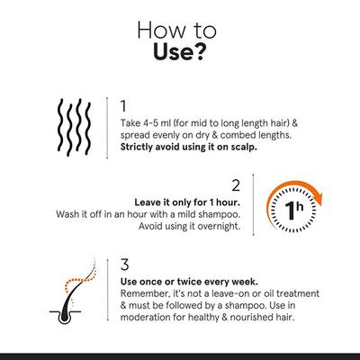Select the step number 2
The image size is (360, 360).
(236, 185)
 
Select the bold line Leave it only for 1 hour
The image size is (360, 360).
(186, 202)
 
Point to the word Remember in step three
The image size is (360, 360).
(147, 294)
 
